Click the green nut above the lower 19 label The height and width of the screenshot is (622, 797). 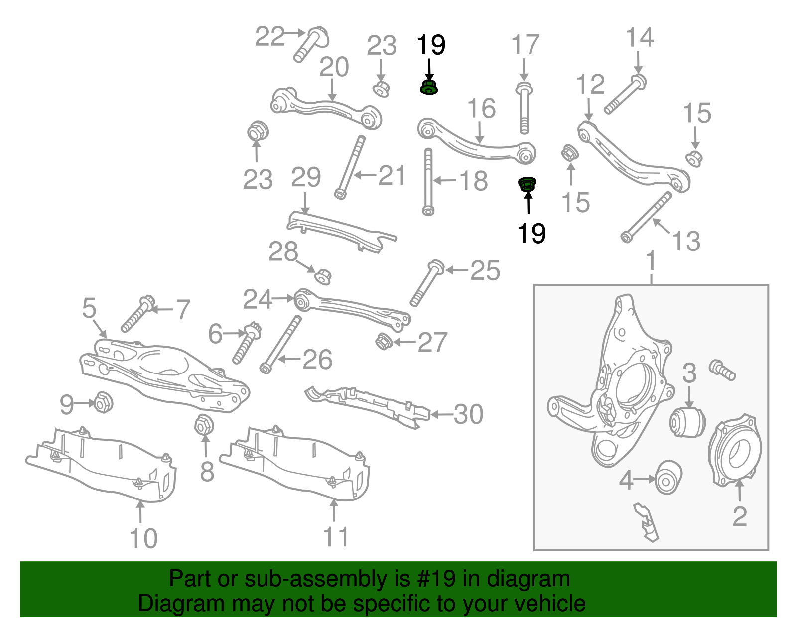[x=527, y=185]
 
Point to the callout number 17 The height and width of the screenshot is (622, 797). [x=525, y=45]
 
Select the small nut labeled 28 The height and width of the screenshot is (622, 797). [x=323, y=276]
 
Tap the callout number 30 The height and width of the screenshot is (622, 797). [x=468, y=414]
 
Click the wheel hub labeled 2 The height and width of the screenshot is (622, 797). [x=735, y=449]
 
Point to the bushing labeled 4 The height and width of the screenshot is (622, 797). [x=667, y=477]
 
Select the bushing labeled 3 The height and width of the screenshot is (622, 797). [x=687, y=422]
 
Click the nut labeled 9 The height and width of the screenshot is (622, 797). [x=103, y=402]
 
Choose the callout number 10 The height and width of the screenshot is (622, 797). [x=143, y=538]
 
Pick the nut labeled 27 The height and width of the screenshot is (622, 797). [x=383, y=342]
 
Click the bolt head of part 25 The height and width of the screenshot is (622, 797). [x=436, y=267]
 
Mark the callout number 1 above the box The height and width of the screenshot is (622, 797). [x=651, y=261]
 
